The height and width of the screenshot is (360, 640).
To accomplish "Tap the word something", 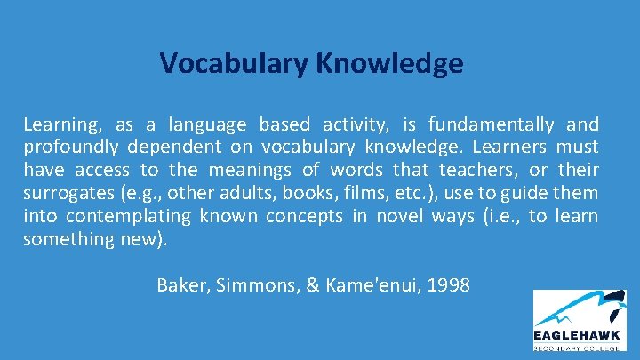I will [68, 239].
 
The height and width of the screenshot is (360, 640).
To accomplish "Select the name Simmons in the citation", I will [252, 285].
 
